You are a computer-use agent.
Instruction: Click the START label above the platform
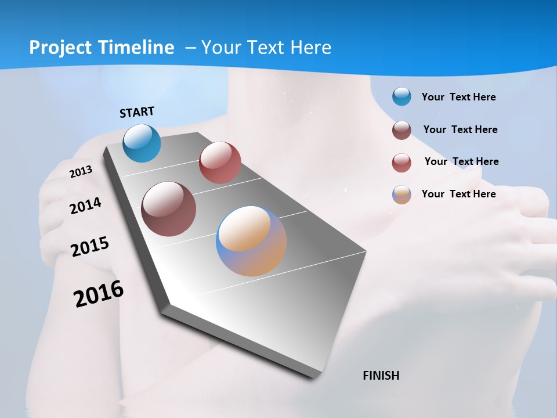coord(137,112)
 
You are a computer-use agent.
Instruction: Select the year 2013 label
coord(81,171)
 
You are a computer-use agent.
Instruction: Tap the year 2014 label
coord(85,206)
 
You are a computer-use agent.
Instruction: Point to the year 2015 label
coord(90,246)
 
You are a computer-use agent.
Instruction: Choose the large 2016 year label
coord(99,294)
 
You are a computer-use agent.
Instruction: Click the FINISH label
coord(381,376)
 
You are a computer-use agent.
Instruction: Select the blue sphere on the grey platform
coord(142,143)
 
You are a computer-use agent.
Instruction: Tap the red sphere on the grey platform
coord(220,163)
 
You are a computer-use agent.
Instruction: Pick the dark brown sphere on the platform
coord(169,209)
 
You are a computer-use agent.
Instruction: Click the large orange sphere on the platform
coord(251,241)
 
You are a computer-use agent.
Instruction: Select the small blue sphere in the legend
coord(402,96)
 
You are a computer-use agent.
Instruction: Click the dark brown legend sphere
coord(402,130)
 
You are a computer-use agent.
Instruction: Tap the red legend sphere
coord(402,163)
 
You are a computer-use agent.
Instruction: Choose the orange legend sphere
coord(402,194)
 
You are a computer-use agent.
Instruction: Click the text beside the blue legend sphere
coord(458,97)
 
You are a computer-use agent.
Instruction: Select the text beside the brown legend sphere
coord(460,129)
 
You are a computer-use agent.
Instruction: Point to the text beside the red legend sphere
coord(461,161)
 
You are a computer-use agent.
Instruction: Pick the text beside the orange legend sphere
coord(458,194)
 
